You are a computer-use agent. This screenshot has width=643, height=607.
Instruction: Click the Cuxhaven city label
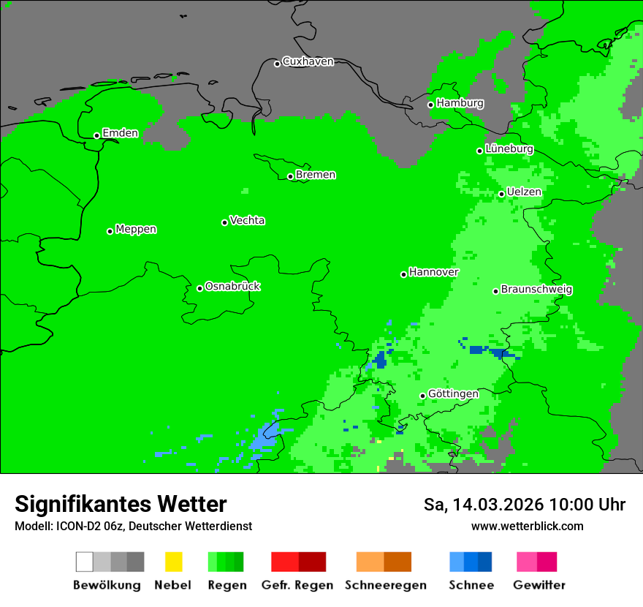pyautogui.click(x=308, y=61)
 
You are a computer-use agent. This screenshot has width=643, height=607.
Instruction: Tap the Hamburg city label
pyautogui.click(x=460, y=103)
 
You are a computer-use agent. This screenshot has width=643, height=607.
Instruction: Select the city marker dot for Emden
pyautogui.click(x=96, y=135)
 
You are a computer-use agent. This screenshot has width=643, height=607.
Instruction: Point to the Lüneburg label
pyautogui.click(x=509, y=148)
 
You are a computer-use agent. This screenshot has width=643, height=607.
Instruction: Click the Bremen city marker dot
pyautogui.click(x=290, y=176)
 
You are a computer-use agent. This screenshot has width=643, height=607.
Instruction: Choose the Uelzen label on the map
pyautogui.click(x=524, y=192)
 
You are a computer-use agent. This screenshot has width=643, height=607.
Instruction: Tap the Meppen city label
pyautogui.click(x=136, y=229)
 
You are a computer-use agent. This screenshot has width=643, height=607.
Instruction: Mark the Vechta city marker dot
pyautogui.click(x=224, y=222)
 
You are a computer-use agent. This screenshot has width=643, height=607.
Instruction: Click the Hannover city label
pyautogui.click(x=433, y=272)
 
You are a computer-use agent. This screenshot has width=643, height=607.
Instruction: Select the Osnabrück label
pyautogui.click(x=232, y=286)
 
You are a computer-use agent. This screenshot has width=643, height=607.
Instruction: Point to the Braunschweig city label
pyautogui.click(x=536, y=289)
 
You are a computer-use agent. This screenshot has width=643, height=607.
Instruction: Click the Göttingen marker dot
pyautogui.click(x=422, y=396)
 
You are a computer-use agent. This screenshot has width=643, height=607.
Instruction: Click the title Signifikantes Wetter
pyautogui.click(x=121, y=504)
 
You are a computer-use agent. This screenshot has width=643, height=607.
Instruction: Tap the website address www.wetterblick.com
pyautogui.click(x=527, y=526)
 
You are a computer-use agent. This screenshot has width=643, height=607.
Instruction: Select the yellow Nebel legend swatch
pyautogui.click(x=173, y=562)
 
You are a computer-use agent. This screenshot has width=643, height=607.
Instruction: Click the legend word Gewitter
pyautogui.click(x=539, y=585)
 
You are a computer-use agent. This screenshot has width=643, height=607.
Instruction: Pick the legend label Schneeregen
pyautogui.click(x=385, y=585)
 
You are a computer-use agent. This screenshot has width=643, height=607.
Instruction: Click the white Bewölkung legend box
pyautogui.click(x=85, y=562)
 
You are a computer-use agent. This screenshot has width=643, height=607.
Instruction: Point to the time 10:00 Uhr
pyautogui.click(x=587, y=505)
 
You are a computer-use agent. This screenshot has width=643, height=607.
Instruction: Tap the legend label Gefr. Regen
pyautogui.click(x=297, y=585)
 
